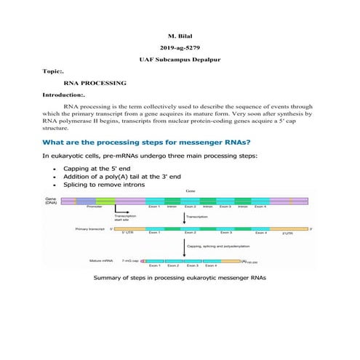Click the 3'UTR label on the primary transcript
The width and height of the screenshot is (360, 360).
pos(288,234)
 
